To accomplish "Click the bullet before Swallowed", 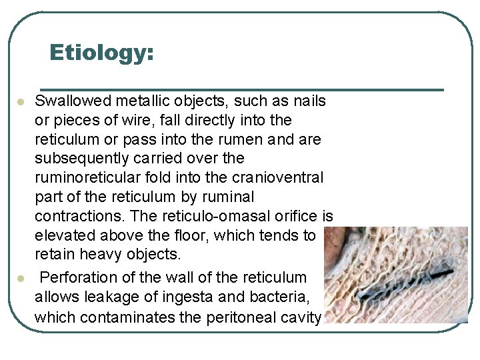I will point(21,102).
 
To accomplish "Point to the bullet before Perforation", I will point(21,277).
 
